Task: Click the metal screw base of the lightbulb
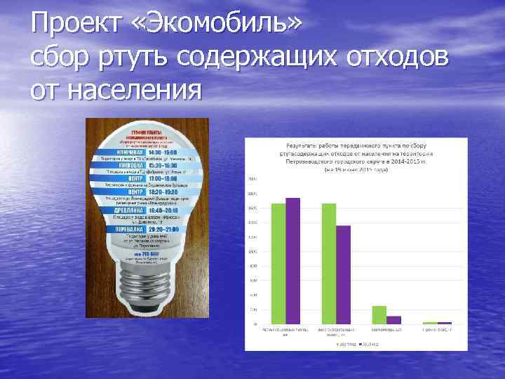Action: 147,284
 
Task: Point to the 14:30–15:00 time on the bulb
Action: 163,152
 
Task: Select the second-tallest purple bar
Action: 343,274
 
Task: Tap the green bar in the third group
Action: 379,315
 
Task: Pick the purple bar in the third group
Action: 394,320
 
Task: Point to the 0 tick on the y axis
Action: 255,325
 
